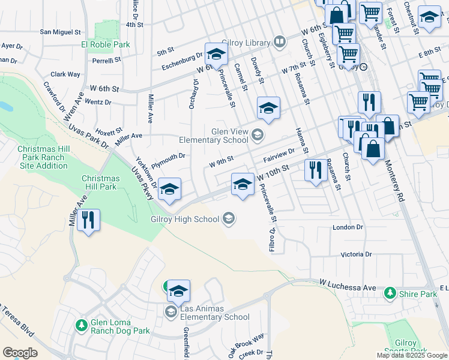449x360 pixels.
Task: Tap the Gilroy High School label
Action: (185, 219)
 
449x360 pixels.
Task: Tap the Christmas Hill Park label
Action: (99, 182)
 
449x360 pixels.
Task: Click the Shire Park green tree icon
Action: (390, 293)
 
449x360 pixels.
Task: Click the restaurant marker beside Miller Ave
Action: (88, 220)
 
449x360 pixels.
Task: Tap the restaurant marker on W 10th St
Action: (315, 171)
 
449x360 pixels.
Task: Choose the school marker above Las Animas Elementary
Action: (178, 292)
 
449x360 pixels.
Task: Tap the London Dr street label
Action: (348, 227)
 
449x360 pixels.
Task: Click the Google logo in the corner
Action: (20, 353)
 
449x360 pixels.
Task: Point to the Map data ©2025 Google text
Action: (411, 355)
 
